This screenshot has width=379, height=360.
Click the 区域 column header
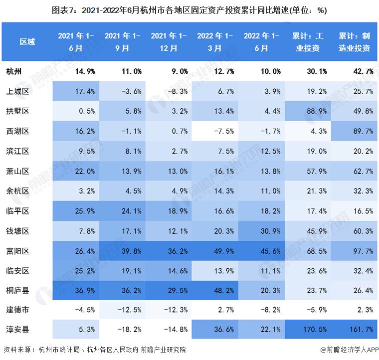(x=27, y=42)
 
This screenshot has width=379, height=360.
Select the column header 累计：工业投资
(x=308, y=42)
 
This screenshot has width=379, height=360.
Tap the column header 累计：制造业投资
(x=354, y=42)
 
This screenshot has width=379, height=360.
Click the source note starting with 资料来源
(x=94, y=350)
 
